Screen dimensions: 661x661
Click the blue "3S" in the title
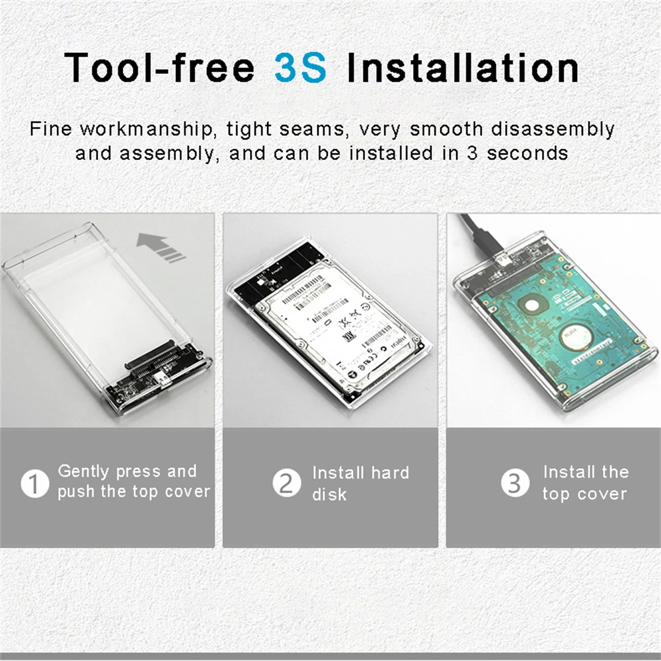pyautogui.click(x=300, y=67)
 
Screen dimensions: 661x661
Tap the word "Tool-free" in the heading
pyautogui.click(x=159, y=67)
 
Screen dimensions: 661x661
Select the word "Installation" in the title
pyautogui.click(x=463, y=67)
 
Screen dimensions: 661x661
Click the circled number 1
pyautogui.click(x=35, y=483)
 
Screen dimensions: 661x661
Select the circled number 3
pyautogui.click(x=514, y=483)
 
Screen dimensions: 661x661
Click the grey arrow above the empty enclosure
pyautogui.click(x=161, y=248)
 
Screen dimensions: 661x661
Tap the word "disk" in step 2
pyautogui.click(x=329, y=494)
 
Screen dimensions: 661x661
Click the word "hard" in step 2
pyautogui.click(x=389, y=473)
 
